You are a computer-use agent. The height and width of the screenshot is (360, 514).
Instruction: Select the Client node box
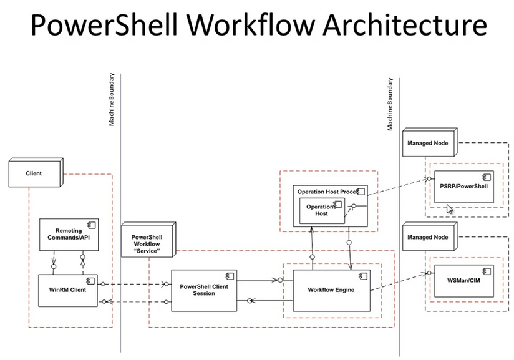(x=34, y=173)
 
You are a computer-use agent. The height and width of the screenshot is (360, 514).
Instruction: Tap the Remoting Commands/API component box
(x=69, y=234)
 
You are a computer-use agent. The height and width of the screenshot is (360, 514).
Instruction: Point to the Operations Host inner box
(x=322, y=210)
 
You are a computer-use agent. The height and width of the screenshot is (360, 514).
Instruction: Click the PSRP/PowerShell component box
(x=468, y=186)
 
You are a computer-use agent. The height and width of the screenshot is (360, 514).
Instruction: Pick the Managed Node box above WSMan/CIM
(x=430, y=237)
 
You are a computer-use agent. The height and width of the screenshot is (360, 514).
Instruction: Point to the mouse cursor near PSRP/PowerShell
(x=450, y=208)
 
